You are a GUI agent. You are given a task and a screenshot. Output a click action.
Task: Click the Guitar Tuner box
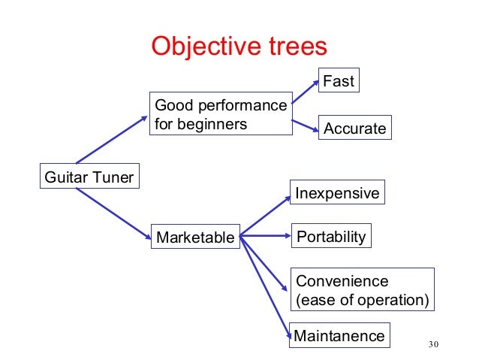[90, 178]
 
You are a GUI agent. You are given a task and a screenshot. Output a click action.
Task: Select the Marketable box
[195, 238]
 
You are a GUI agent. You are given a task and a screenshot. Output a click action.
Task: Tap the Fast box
[338, 80]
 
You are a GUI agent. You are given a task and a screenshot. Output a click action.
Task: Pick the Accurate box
[354, 129]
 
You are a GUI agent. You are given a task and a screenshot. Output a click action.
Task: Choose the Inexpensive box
[337, 193]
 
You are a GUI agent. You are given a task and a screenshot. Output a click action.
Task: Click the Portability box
[331, 237]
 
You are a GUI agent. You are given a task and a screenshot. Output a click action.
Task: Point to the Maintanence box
[339, 335]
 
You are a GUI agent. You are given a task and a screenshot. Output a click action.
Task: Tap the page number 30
[431, 345]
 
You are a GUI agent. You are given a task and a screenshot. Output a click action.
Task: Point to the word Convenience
[342, 281]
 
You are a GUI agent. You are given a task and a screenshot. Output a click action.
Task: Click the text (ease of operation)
[362, 301]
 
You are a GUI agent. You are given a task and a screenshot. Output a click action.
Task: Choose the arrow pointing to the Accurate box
[304, 126]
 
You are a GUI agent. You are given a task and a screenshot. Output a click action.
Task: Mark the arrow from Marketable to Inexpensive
[265, 216]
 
